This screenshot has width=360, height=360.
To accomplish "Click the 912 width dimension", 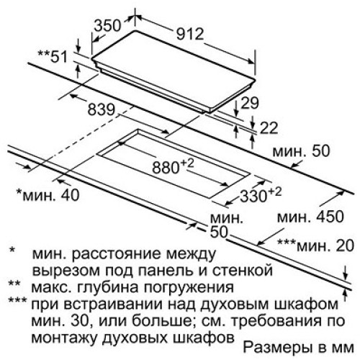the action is pyautogui.click(x=190, y=35).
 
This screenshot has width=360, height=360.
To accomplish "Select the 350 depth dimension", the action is pyautogui.click(x=107, y=25).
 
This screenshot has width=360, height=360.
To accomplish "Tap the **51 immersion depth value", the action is pyautogui.click(x=53, y=57).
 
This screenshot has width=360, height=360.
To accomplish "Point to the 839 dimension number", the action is pyautogui.click(x=102, y=110).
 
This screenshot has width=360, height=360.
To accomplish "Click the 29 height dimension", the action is pyautogui.click(x=250, y=103).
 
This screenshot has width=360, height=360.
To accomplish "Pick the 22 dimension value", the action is pyautogui.click(x=269, y=127).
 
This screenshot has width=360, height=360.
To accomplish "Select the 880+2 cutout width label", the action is pyautogui.click(x=173, y=166).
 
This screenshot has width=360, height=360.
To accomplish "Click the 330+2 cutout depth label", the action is pyautogui.click(x=261, y=194).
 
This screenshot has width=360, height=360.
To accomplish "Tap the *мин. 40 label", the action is pyautogui.click(x=48, y=194).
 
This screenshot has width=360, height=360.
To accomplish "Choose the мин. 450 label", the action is pyautogui.click(x=310, y=217).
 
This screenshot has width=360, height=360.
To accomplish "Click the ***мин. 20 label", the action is pyautogui.click(x=315, y=246).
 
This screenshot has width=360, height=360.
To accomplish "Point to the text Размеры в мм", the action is pyautogui.click(x=299, y=347).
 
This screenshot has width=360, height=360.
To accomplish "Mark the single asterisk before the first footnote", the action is pyautogui.click(x=12, y=250).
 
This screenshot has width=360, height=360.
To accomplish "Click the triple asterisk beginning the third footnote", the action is pyautogui.click(x=17, y=300).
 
